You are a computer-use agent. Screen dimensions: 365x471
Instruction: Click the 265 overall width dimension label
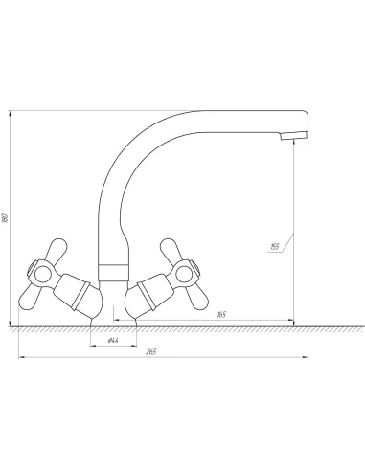coord(151,352)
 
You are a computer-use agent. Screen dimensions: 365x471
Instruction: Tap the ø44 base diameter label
coord(113,341)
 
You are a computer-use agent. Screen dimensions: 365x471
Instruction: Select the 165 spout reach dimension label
coord(221,315)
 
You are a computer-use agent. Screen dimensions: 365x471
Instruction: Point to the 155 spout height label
coord(275,247)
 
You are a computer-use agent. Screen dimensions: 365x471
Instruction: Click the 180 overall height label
coord(5,218)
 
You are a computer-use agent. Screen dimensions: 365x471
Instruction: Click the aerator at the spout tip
coord(294,136)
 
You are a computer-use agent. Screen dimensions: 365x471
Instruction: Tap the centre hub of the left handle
coord(43,275)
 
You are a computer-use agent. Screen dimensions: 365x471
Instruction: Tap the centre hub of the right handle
coord(184,275)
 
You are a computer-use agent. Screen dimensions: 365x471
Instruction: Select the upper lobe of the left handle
coord(57,250)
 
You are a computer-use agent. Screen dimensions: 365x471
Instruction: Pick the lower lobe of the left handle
coord(30,299)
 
